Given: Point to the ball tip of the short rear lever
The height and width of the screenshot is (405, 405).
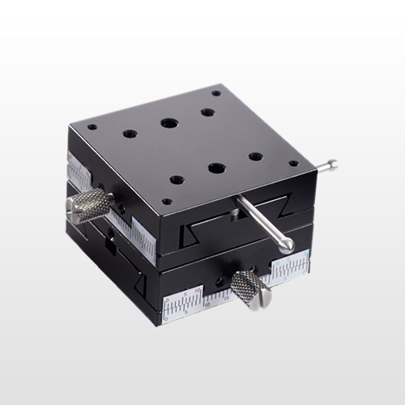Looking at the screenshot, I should tap(332, 165).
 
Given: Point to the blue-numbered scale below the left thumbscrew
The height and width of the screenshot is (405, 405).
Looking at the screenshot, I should tap(138, 235).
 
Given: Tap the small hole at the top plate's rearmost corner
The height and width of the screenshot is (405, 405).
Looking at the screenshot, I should tap(216, 93).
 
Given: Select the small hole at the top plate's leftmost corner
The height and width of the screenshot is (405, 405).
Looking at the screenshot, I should tap(91, 127).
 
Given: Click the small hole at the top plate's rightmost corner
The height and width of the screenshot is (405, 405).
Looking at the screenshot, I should tap(293, 163).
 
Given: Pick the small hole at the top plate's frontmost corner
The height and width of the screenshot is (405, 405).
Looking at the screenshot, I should tap(167, 202).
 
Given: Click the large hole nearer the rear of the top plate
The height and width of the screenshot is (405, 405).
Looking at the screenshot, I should tap(168, 124).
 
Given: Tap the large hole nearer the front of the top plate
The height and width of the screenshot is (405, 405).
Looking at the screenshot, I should tap(215, 168).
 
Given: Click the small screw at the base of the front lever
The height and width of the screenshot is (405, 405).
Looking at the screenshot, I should tap(234, 212).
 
